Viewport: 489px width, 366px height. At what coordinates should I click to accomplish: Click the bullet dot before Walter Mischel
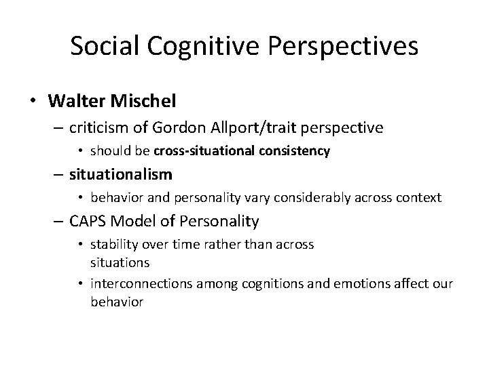(x=33, y=102)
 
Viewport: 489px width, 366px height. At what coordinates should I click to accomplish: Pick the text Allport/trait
(x=255, y=127)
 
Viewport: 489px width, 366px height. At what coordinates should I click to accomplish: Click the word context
(x=418, y=198)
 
